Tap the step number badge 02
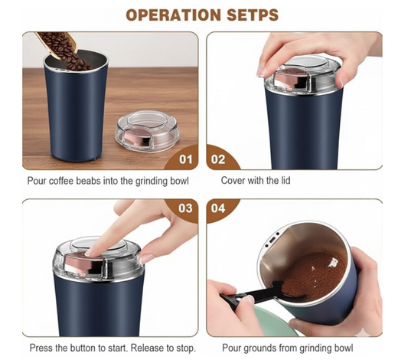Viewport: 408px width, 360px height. [219, 159]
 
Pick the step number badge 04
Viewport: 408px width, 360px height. [219, 208]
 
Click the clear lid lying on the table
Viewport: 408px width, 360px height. [146, 133]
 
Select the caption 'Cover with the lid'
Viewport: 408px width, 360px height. [255, 182]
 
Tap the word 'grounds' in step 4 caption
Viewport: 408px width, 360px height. [260, 348]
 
